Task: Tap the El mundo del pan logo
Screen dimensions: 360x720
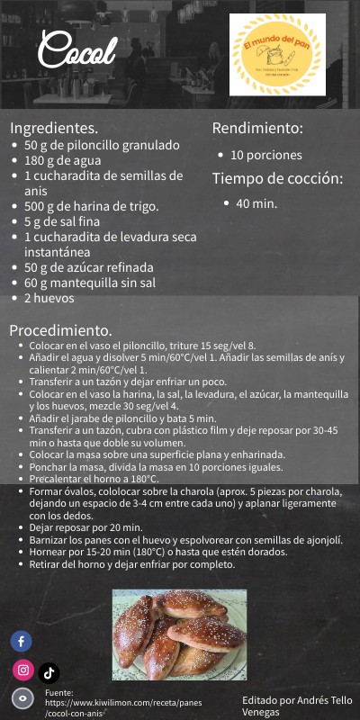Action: (276, 55)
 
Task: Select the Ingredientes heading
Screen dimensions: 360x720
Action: (54, 128)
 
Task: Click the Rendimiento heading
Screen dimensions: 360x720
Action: (257, 128)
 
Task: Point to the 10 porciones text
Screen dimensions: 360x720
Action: (266, 155)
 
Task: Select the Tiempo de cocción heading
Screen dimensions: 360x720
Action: (277, 178)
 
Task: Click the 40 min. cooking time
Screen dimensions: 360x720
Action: (256, 203)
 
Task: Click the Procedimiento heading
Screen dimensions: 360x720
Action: (60, 329)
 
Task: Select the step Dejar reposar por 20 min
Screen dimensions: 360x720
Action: (86, 527)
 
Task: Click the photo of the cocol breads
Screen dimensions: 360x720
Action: (179, 634)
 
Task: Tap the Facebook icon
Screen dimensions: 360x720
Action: (22, 642)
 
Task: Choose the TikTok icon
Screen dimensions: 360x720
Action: (49, 671)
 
